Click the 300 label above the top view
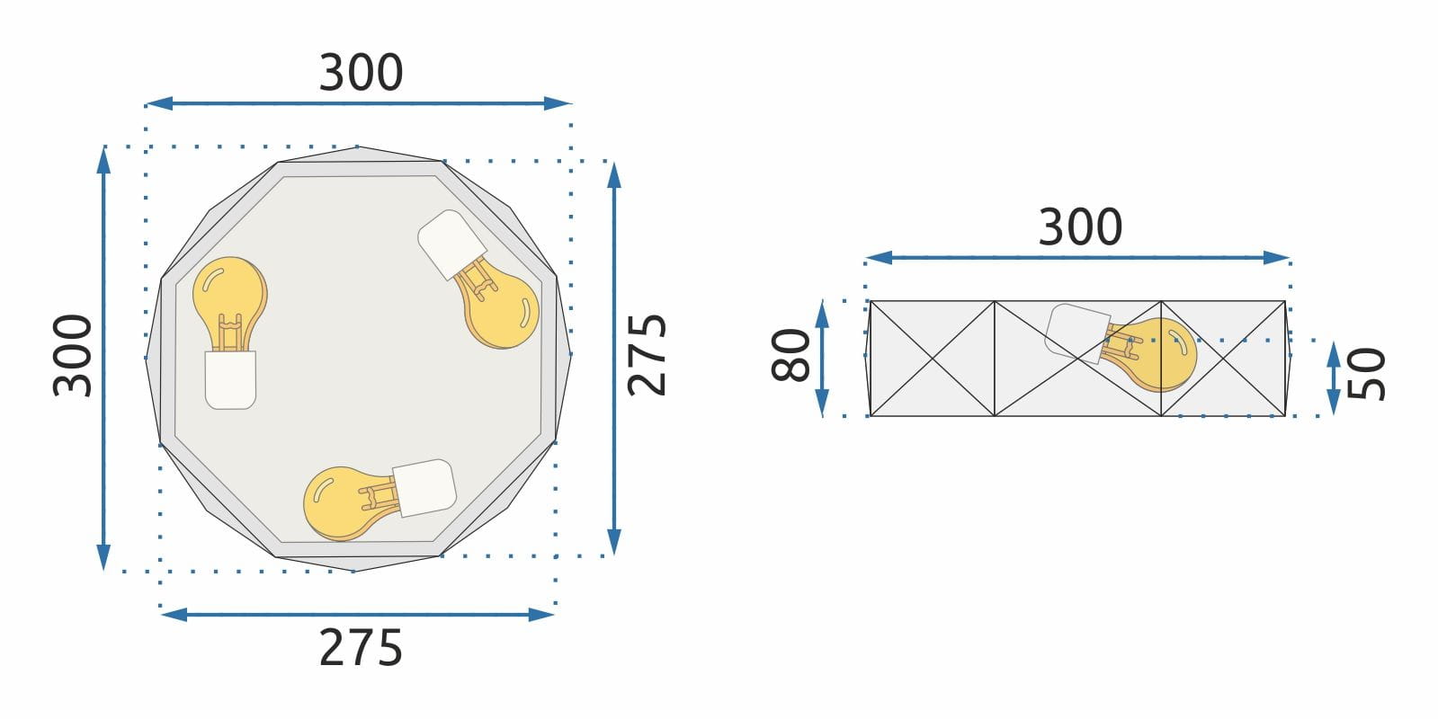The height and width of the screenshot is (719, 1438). click(x=361, y=73)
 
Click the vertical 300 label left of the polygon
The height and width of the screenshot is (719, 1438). click(x=73, y=355)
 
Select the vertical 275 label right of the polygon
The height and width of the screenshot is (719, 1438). click(x=647, y=355)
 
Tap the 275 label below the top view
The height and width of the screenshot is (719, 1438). click(x=361, y=648)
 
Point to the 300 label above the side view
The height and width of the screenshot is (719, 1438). click(x=1080, y=227)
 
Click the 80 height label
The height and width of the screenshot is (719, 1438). click(x=790, y=355)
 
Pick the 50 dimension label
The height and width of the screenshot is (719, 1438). click(x=1365, y=374)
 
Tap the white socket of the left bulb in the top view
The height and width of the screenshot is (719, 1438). click(x=230, y=379)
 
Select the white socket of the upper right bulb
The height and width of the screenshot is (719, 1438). click(x=451, y=244)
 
